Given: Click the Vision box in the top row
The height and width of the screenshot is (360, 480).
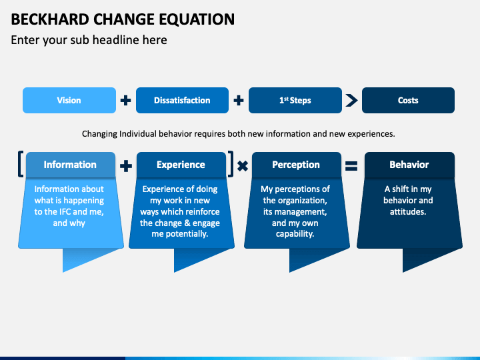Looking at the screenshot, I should [69, 101].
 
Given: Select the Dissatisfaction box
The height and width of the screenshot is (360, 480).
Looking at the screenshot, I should [182, 101].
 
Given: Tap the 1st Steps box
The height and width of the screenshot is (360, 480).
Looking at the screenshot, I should [295, 101].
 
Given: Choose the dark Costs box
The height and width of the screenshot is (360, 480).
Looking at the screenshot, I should [408, 101].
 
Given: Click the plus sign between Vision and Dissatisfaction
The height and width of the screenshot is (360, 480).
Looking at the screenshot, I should [125, 101].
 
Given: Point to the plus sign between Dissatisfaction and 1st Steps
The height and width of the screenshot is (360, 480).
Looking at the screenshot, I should [239, 101].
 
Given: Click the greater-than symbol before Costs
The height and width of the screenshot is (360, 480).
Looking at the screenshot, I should [351, 101].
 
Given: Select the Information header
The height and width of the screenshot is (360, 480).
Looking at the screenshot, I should [70, 165].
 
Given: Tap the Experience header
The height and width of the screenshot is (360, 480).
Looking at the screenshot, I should [181, 165].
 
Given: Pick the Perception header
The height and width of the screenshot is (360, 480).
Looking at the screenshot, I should [295, 165].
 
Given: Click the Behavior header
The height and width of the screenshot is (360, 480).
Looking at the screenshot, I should [409, 165].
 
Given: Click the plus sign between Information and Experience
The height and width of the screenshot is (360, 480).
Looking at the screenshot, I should [126, 166].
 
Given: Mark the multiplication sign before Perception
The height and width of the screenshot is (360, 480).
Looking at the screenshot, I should [243, 167].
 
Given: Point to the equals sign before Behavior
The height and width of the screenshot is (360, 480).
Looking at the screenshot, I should [351, 167].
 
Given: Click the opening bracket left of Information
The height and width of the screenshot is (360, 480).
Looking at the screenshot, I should [21, 165].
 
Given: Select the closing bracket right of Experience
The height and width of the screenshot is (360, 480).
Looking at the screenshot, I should [231, 165].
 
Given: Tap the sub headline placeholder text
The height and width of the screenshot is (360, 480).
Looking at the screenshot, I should [89, 40].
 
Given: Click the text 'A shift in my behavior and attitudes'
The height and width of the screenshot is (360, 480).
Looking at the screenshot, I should [408, 200].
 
